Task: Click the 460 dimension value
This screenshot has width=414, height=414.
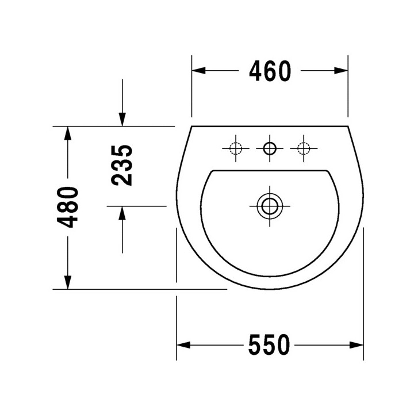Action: [x=270, y=71]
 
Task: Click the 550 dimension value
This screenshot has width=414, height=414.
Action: [x=269, y=345]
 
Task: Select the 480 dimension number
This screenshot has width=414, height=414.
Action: [x=69, y=207]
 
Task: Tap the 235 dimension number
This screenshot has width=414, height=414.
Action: [x=122, y=165]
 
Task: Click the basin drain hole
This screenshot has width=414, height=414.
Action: [x=269, y=205]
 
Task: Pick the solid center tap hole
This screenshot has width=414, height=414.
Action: [x=269, y=149]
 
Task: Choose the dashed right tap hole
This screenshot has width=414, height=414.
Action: [x=302, y=149]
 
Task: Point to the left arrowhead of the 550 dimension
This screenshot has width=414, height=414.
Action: [x=183, y=345]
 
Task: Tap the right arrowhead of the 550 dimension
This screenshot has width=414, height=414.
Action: [x=357, y=345]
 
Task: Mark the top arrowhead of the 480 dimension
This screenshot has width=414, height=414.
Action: [x=68, y=133]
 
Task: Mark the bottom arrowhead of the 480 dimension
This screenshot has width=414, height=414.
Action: [x=68, y=282]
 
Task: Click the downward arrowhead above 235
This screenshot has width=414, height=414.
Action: [x=122, y=118]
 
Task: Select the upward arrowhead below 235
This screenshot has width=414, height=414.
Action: [x=122, y=213]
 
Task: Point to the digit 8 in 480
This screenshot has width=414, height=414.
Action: [x=69, y=207]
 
